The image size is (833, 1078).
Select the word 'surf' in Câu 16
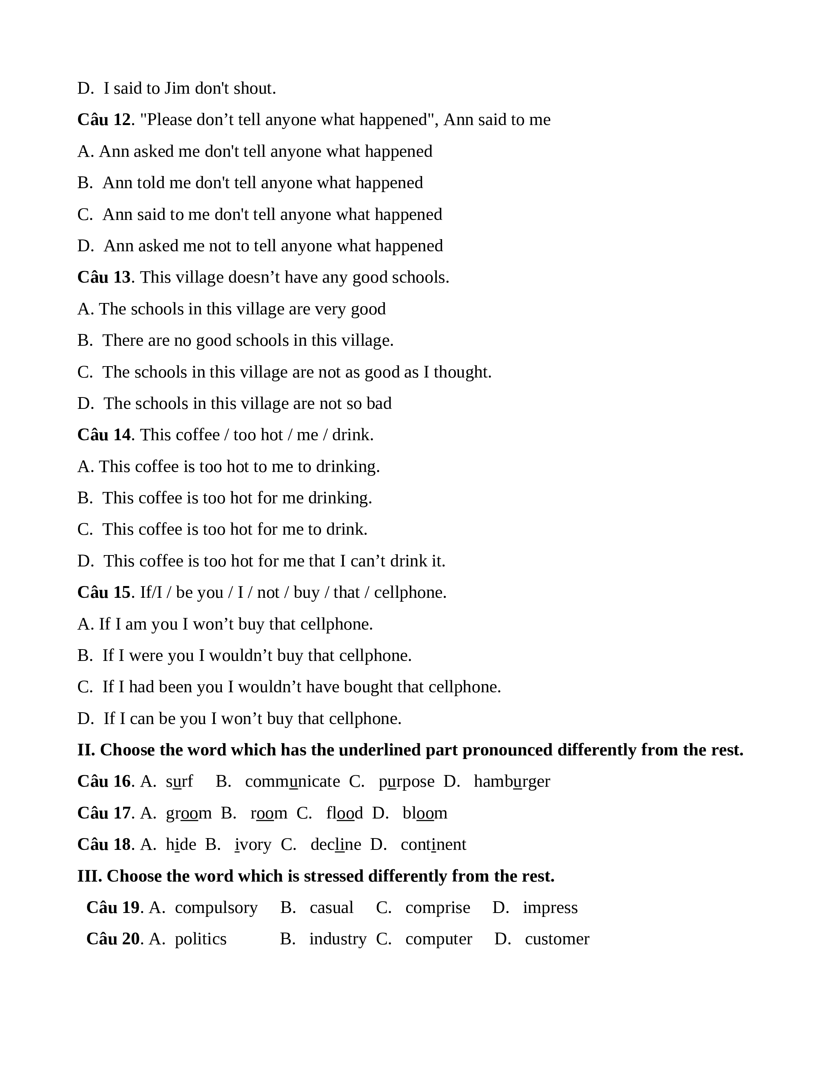[180, 781]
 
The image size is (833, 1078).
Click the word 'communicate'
[292, 781]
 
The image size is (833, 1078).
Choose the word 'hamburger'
[512, 781]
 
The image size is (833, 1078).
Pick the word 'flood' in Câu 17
[345, 813]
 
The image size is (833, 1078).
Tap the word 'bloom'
[425, 813]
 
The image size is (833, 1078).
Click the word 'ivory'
[253, 844]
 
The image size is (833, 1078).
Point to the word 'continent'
[433, 844]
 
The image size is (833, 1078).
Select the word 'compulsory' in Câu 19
[216, 908]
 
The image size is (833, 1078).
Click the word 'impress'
[550, 908]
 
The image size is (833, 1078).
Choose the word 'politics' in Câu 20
[200, 939]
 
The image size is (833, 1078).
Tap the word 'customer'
[557, 939]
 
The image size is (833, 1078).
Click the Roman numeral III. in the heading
[89, 876]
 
